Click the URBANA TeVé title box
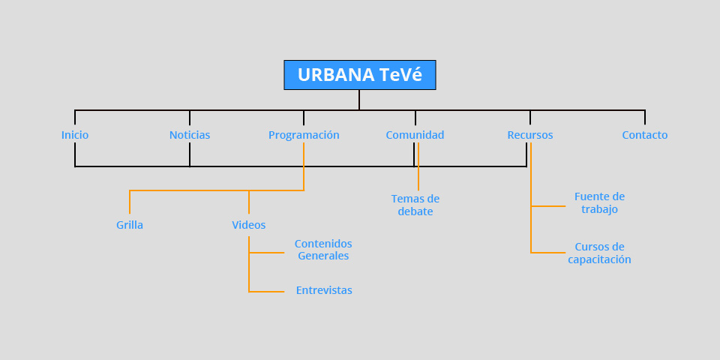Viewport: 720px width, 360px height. coord(359,75)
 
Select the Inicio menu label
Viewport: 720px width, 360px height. coord(75,135)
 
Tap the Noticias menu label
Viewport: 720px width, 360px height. coord(190,135)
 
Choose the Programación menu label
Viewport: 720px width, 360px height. coord(304,135)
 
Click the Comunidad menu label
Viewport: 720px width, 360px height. coord(415,135)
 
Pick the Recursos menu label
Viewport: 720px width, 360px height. coord(530,135)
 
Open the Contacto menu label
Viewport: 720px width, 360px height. coord(645,135)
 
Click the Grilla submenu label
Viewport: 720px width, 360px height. coord(130,225)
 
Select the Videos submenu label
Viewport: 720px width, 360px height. coord(248,225)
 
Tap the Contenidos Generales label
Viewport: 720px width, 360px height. coord(323,250)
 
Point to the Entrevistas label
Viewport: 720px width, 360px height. coord(324,290)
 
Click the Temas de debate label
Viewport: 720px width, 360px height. coord(415,205)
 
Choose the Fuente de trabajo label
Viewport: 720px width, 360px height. coord(599,203)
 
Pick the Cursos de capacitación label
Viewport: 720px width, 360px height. coord(599,253)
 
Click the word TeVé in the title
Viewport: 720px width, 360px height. coord(400,75)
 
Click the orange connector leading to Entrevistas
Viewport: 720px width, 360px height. coord(267,291)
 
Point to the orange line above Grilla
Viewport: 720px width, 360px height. coord(130,201)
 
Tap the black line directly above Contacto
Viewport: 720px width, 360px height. coord(645,117)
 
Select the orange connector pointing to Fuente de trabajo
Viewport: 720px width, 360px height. coord(548,205)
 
